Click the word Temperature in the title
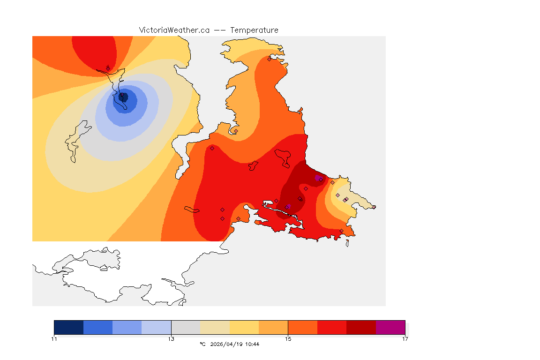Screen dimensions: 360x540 pos(254,30)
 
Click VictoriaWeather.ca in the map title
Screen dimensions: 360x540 pos(174,30)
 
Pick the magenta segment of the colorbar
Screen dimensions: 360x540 pos(390,327)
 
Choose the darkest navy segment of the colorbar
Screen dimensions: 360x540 pos(69,327)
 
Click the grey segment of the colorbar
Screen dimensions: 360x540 pos(186,327)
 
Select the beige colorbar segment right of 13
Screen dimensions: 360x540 pos(215,327)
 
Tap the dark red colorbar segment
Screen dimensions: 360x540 pos(361,327)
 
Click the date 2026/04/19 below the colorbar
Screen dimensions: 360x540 pos(228,344)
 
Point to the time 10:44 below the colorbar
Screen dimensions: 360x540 pos(252,344)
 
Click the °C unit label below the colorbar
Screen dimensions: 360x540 pos(202,344)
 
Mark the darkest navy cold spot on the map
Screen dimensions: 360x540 pos(124,97)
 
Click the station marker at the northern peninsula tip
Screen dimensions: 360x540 pos(269,59)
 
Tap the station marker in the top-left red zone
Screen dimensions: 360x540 pos(108,68)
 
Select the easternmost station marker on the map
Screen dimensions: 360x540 pos(374,207)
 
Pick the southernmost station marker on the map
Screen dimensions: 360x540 pos(341,231)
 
